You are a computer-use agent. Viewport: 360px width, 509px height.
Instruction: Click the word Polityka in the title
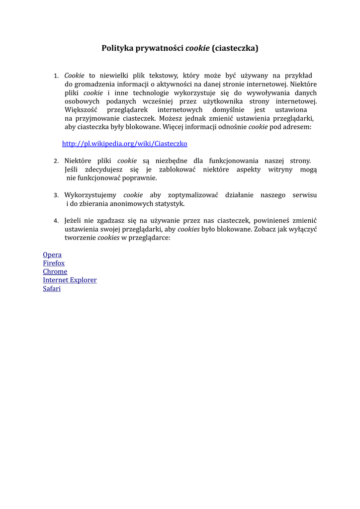(117, 48)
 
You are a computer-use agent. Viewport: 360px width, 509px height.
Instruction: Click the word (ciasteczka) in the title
(235, 48)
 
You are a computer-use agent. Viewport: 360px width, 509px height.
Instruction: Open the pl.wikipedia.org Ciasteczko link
(124, 144)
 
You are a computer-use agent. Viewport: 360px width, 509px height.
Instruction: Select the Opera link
(52, 255)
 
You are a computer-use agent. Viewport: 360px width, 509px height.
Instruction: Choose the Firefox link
(54, 263)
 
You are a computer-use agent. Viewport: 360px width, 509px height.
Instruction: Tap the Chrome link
(55, 272)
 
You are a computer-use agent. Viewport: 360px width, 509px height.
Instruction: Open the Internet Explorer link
(70, 280)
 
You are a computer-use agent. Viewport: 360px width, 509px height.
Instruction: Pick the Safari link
(52, 289)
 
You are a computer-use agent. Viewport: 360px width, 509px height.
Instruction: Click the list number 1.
(56, 76)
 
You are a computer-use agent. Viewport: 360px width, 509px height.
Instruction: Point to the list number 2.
(56, 161)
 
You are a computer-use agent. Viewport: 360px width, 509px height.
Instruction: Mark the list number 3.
(56, 195)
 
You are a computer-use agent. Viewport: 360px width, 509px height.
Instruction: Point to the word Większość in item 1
(82, 109)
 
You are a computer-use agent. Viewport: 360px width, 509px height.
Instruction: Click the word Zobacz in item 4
(265, 229)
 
